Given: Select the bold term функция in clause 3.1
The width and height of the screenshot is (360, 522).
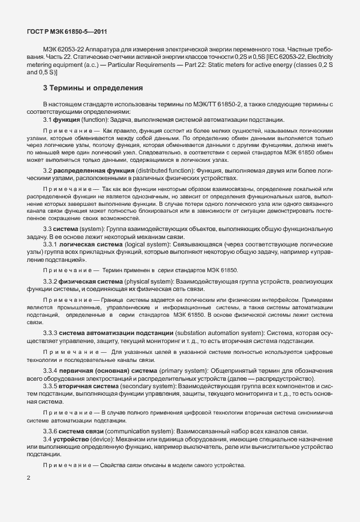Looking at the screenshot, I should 68,119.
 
